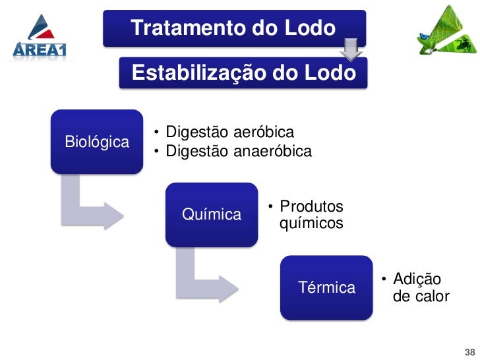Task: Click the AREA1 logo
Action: click(x=40, y=38)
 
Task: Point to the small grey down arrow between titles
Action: click(x=351, y=48)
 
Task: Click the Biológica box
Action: click(x=97, y=142)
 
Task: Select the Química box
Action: click(x=211, y=214)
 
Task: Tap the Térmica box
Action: click(x=326, y=287)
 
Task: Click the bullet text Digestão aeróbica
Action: click(x=229, y=132)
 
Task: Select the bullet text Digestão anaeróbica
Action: click(x=238, y=152)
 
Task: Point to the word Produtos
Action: click(x=311, y=206)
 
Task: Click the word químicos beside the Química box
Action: click(x=311, y=224)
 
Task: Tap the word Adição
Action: click(x=417, y=280)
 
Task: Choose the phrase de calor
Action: click(x=421, y=296)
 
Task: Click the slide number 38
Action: click(x=469, y=351)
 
